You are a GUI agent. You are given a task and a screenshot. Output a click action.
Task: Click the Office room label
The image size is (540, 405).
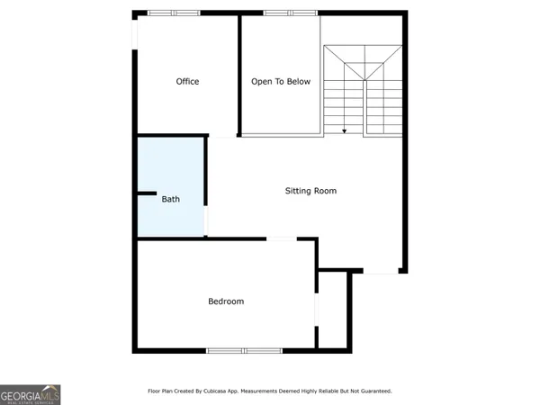click(187, 82)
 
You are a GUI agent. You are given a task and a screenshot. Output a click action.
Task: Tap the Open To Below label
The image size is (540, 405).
click(281, 82)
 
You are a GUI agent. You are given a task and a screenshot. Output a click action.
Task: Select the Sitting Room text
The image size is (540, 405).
click(310, 191)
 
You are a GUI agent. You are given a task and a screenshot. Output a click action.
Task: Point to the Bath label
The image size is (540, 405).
click(170, 199)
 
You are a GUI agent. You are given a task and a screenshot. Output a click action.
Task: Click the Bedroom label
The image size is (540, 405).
click(226, 301)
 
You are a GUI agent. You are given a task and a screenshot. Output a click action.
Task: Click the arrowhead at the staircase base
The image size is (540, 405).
click(345, 131)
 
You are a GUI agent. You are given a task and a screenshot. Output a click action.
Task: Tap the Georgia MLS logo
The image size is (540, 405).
click(30, 394)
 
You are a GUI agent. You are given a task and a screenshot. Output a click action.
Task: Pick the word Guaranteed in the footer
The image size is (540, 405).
click(374, 391)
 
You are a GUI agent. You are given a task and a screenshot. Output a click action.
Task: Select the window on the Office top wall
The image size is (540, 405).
click(174, 13)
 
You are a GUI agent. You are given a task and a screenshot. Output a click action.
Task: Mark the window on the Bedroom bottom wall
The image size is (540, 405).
click(244, 350)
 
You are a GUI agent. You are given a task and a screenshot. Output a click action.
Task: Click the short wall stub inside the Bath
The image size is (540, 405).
click(144, 193)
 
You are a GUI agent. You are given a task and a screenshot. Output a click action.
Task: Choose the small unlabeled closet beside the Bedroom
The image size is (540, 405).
click(333, 310)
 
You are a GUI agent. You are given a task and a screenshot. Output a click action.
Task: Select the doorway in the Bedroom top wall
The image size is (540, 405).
click(282, 238)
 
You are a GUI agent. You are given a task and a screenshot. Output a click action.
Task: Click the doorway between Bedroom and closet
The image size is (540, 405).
click(316, 307)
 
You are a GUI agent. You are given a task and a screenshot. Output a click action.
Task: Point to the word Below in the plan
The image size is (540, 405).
click(299, 82)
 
